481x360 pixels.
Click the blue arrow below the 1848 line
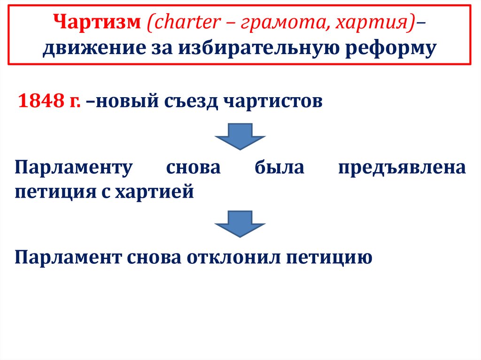click(x=240, y=136)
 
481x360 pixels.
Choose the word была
click(x=279, y=168)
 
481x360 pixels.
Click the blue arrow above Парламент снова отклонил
click(x=240, y=224)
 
